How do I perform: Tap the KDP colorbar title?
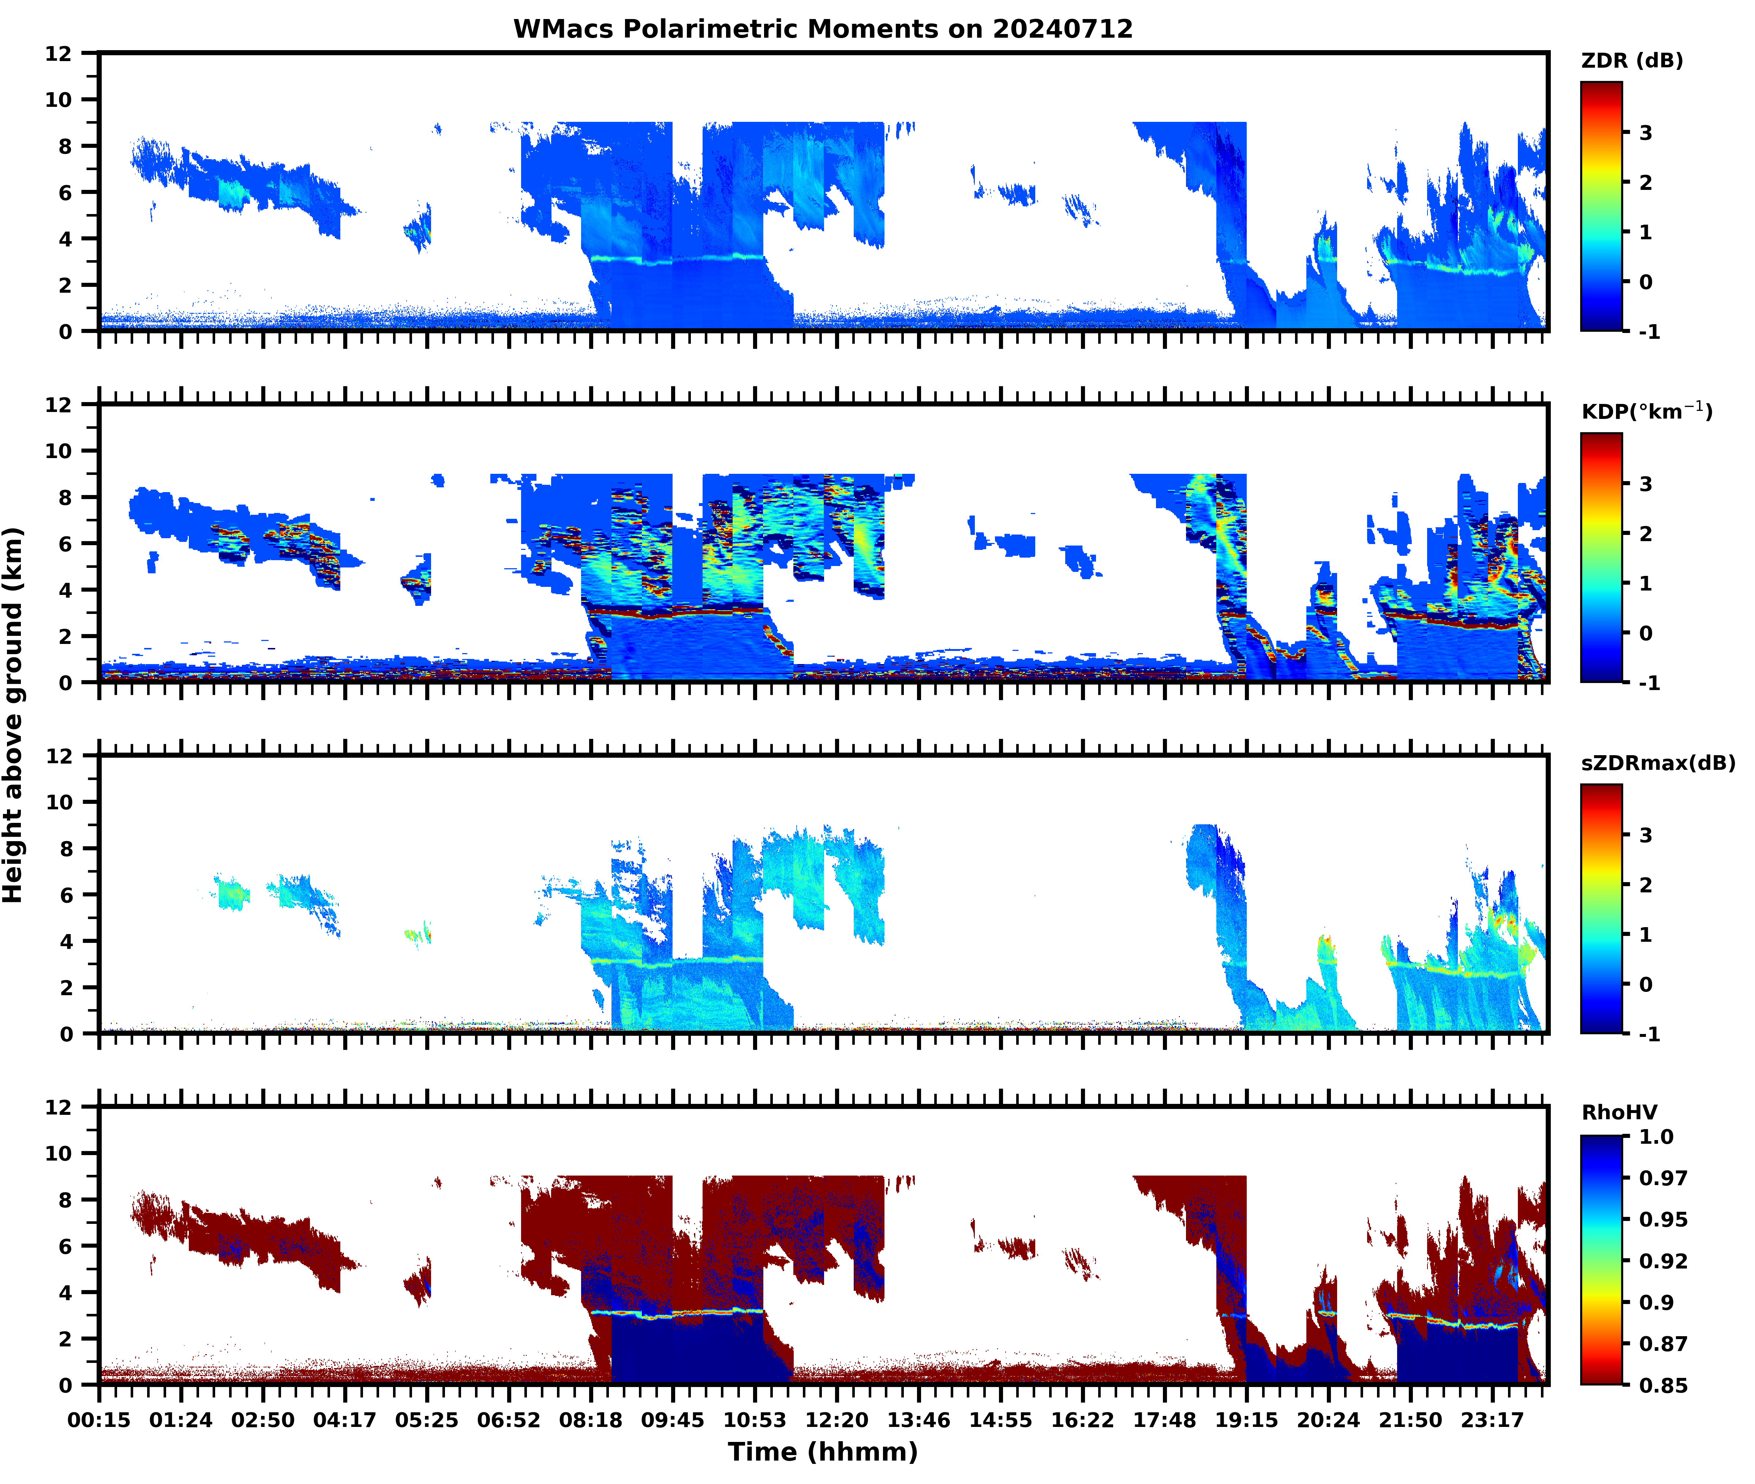1646,411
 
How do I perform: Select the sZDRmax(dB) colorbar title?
1657,763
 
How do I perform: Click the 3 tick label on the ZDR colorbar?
1646,133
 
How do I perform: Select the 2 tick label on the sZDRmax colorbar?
1646,885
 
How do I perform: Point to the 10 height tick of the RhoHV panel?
59,1153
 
